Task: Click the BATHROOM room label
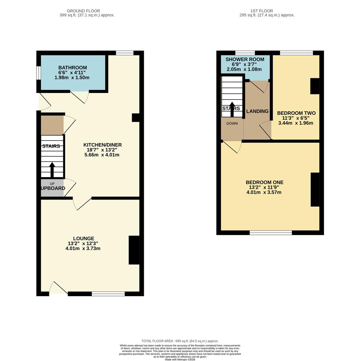tap(72, 68)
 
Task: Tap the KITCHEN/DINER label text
tap(102, 145)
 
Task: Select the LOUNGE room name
tap(83, 238)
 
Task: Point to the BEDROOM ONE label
tap(264, 182)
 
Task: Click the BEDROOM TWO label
tap(296, 113)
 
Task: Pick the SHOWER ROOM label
tap(245, 59)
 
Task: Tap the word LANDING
tap(257, 111)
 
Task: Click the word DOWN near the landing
tap(232, 123)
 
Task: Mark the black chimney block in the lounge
tap(134, 250)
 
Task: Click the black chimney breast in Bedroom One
tap(315, 190)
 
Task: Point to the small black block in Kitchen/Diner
tap(136, 118)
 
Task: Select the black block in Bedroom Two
tap(314, 86)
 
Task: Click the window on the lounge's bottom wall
tap(108, 294)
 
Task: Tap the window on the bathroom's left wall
tap(38, 73)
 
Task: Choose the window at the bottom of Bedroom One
tap(271, 233)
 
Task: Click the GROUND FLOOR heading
tap(83, 11)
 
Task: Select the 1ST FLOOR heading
tap(261, 11)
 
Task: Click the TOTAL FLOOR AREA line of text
tap(180, 341)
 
